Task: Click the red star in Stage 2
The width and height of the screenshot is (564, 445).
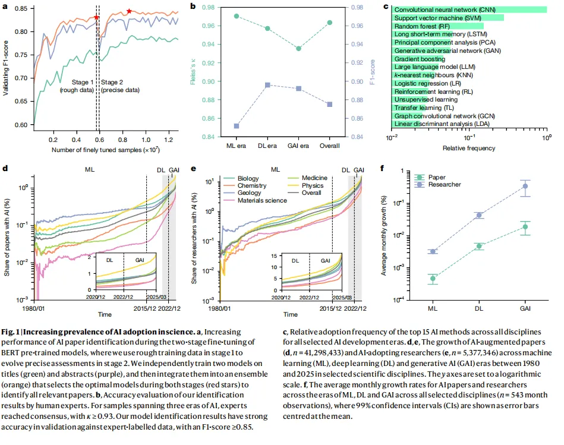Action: (129, 12)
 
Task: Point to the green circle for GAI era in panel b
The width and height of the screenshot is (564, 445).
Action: (299, 48)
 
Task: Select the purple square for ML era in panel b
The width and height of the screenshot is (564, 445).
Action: (237, 126)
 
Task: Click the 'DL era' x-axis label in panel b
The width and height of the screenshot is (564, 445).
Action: (267, 146)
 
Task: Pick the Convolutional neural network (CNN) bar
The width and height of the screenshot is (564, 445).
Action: (470, 10)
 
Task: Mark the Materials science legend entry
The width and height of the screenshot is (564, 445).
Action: (262, 200)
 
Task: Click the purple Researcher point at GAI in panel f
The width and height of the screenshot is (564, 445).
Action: (525, 187)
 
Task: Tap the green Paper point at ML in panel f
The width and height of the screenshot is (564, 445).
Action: (433, 278)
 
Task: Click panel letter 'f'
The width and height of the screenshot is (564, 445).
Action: (382, 168)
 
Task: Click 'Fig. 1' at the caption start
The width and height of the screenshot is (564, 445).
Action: (11, 330)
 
